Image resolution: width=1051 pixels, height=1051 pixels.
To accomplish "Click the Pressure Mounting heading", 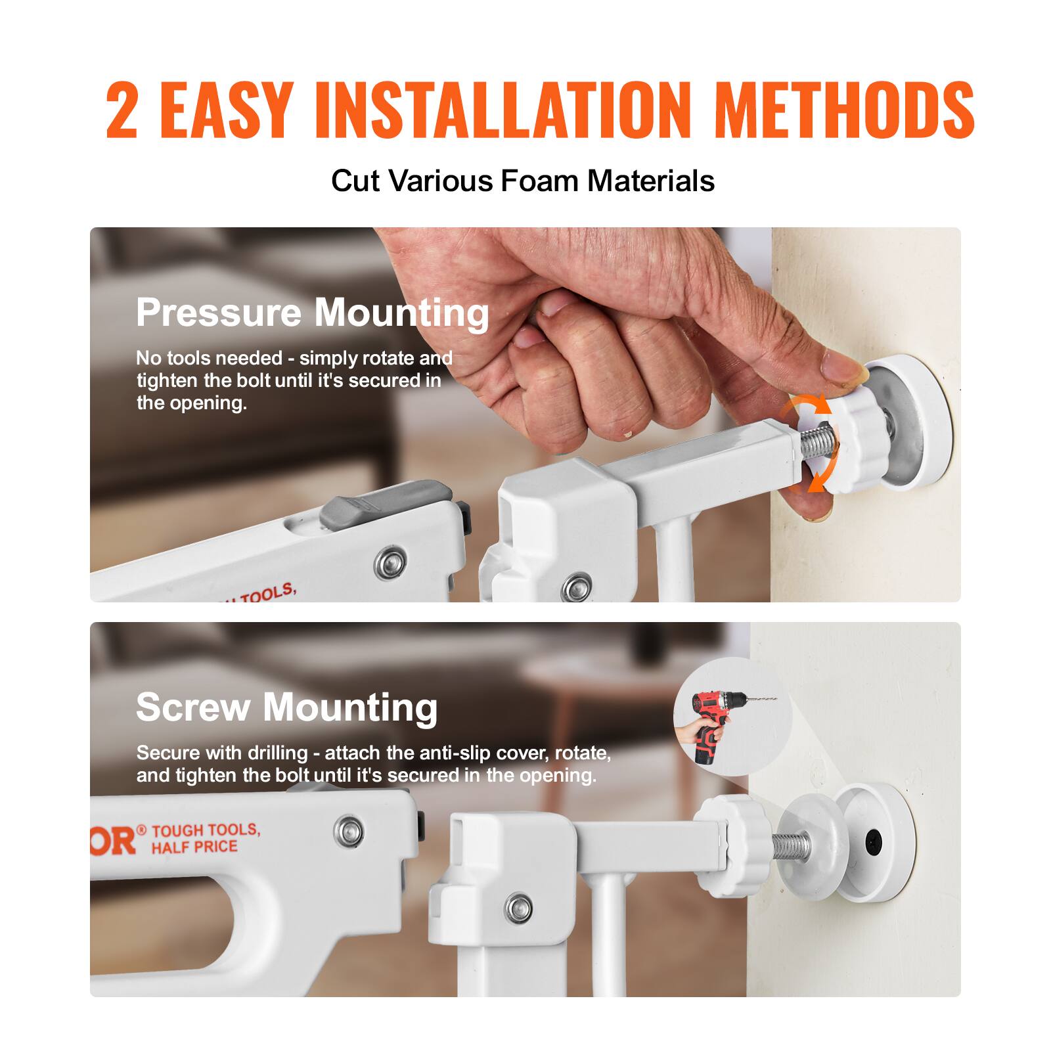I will [x=313, y=312].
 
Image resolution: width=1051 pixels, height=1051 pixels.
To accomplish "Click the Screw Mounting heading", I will [x=286, y=707].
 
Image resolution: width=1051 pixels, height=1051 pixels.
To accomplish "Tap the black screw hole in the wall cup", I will [x=874, y=839].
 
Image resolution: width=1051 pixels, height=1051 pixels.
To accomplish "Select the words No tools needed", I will [x=209, y=358].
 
